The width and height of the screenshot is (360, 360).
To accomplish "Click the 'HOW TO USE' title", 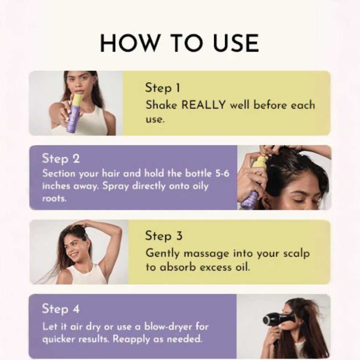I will [179, 43].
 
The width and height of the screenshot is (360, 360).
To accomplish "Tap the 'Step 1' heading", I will [163, 88].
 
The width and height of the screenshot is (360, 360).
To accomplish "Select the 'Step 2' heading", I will [60, 158].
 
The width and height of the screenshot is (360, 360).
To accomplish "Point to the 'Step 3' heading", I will [164, 236].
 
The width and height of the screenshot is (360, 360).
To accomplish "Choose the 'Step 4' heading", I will [60, 309].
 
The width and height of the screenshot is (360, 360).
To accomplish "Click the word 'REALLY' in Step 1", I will [204, 105].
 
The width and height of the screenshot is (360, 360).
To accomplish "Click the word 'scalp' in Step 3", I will [296, 253].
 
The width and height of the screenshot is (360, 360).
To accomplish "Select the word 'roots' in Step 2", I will [54, 198].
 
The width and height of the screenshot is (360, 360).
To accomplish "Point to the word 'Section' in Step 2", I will [59, 173].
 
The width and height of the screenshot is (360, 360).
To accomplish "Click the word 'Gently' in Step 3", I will [162, 253].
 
